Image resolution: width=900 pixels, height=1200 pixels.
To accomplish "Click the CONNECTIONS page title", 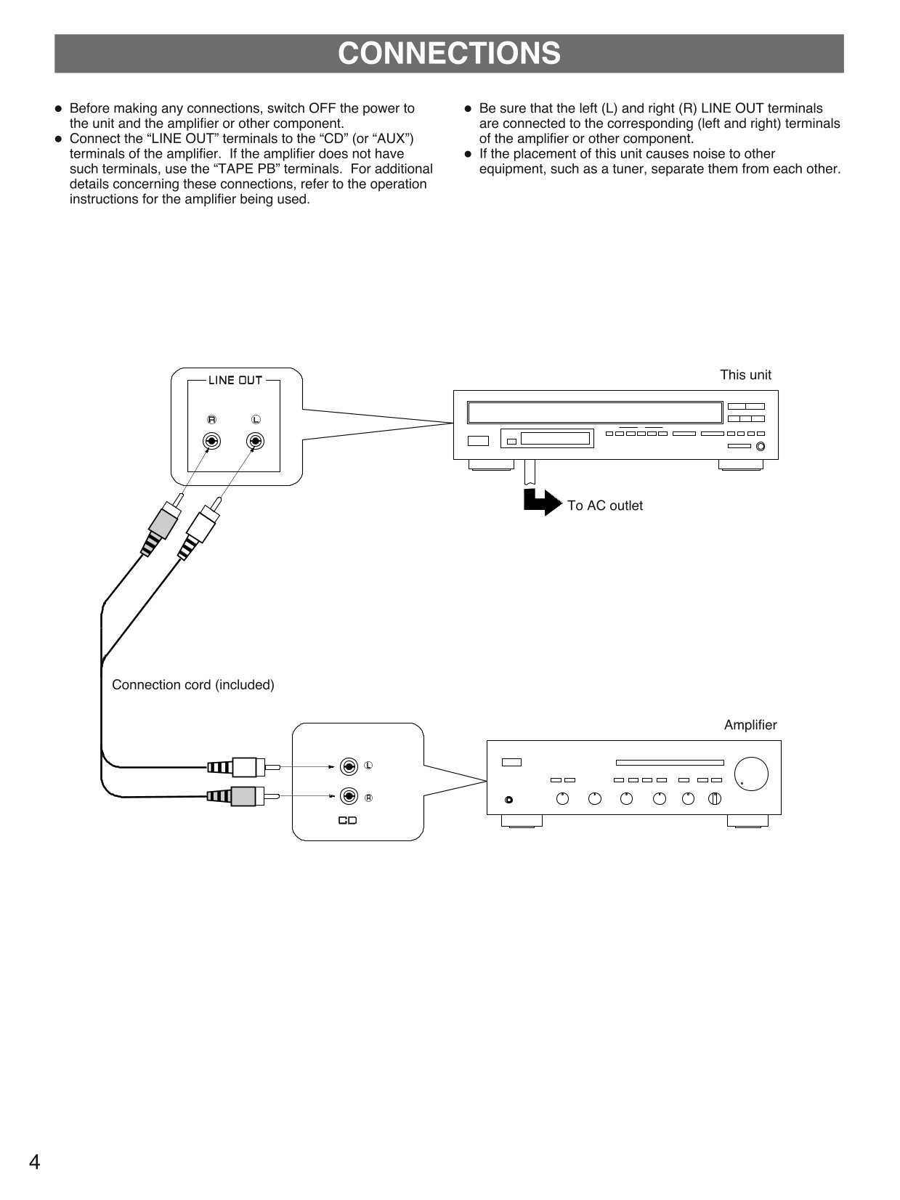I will pos(449,54).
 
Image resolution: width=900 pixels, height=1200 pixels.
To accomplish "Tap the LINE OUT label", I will pos(235,380).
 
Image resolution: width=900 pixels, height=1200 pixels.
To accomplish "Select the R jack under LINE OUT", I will pos(211,441).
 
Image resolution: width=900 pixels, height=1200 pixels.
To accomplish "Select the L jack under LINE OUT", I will pos(255,441).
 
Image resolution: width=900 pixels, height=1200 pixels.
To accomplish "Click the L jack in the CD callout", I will pos(349,766).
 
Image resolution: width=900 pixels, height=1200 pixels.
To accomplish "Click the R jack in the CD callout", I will pos(349,796).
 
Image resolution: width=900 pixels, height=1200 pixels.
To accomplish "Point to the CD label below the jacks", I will pos(348,821).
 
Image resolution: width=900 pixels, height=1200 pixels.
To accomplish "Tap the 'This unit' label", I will pos(745,375).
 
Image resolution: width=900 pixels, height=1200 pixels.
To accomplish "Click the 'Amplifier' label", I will pos(750,725).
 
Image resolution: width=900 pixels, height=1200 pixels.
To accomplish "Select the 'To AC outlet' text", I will pos(604,506).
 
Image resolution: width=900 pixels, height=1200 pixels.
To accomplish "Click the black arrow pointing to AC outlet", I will pos(542,502).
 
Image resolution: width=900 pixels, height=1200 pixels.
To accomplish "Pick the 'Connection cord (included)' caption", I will pos(193,685).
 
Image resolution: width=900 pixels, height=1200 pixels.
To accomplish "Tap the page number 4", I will pos(34,1162).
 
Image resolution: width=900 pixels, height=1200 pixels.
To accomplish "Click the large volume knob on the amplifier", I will pos(750,774).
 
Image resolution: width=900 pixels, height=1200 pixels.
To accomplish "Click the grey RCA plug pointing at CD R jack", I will pos(243,796).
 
